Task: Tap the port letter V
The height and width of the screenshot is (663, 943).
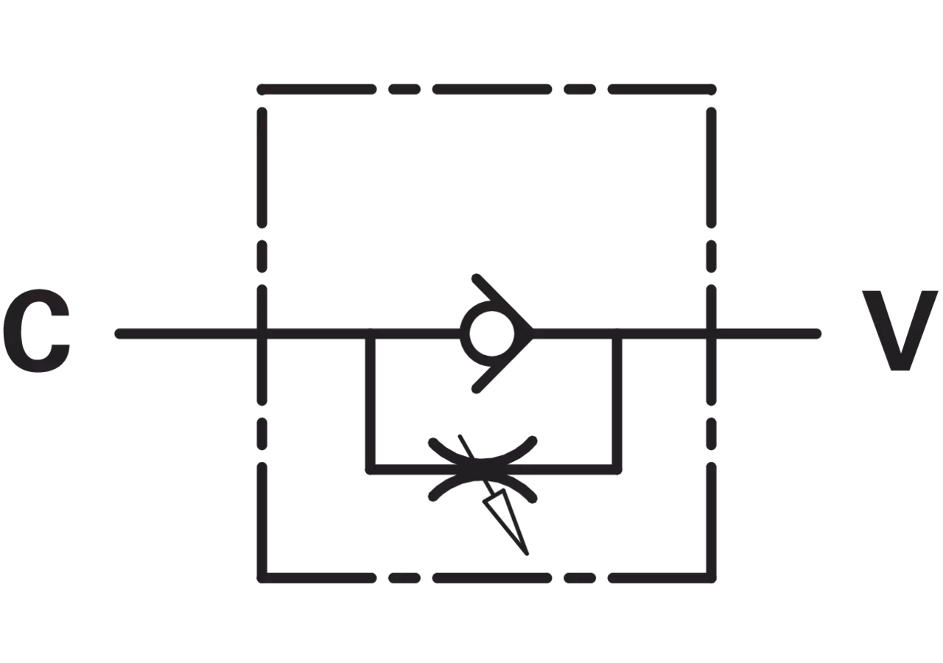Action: point(900,331)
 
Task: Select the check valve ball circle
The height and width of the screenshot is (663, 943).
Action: point(491,334)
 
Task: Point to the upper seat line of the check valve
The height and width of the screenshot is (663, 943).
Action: point(503,304)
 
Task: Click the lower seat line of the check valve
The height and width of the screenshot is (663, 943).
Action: point(503,363)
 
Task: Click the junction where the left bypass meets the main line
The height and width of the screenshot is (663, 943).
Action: point(371,334)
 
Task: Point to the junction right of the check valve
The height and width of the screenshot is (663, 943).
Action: point(617,334)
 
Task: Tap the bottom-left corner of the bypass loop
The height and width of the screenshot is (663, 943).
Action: point(371,470)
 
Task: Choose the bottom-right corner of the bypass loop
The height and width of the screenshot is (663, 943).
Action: point(617,470)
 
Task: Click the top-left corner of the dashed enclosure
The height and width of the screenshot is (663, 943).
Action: point(262,89)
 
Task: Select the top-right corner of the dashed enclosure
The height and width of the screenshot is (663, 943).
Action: point(711,89)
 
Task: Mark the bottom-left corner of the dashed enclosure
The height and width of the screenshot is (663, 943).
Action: point(262,578)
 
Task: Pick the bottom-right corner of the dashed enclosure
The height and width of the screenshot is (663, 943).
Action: point(711,578)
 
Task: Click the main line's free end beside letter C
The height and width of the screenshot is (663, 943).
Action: point(119,334)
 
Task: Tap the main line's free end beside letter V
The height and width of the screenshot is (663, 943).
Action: point(816,334)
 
